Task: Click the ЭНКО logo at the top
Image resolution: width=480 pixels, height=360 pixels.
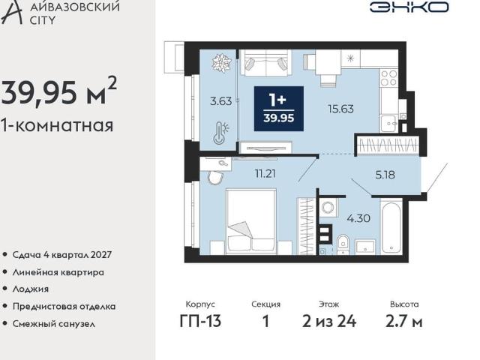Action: [409, 7]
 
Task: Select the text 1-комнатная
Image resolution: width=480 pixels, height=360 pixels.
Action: [58, 125]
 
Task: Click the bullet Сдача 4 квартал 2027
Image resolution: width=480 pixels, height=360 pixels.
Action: [63, 255]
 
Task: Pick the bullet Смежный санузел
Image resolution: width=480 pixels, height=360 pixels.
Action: [53, 324]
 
